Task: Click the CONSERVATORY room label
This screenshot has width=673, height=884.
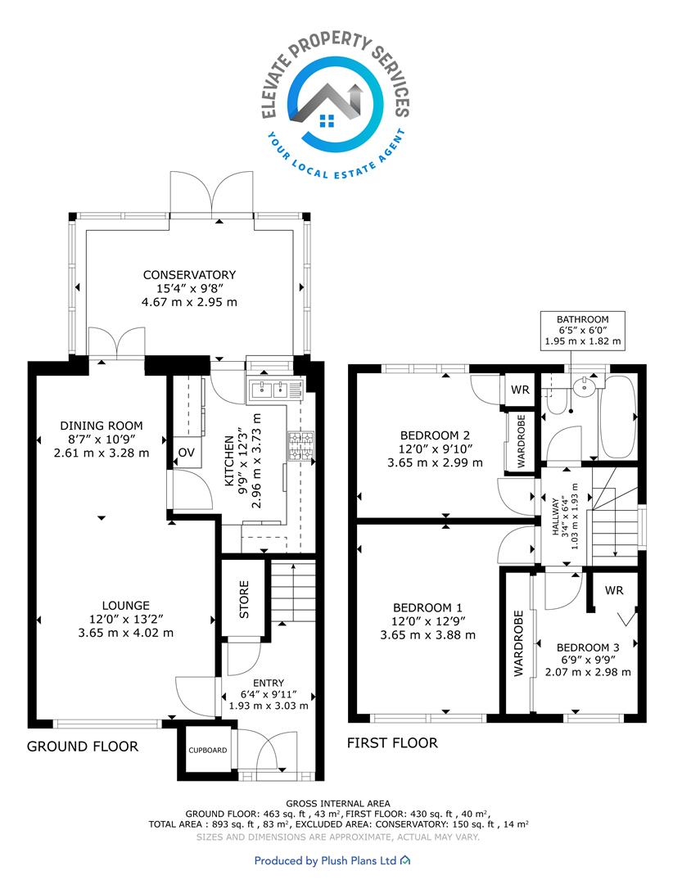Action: (189, 275)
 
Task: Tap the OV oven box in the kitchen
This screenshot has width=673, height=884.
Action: (186, 452)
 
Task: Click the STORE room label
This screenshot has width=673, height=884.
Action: (244, 599)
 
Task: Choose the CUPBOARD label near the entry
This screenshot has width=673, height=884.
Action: (208, 751)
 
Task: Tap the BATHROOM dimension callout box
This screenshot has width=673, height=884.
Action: (583, 331)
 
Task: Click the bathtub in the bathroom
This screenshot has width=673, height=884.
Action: (617, 417)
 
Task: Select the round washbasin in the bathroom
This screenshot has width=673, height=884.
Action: (583, 387)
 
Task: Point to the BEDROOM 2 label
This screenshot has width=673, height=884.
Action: (435, 435)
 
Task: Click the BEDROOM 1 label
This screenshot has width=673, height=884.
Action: (427, 607)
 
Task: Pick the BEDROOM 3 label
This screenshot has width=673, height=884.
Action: (588, 647)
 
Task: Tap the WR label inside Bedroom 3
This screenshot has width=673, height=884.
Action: (614, 590)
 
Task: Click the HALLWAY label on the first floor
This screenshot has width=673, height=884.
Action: (556, 516)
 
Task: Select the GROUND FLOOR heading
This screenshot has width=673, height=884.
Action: (83, 746)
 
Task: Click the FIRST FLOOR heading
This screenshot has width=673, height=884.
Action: (392, 743)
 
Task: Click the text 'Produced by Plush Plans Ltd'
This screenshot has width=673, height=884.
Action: (326, 860)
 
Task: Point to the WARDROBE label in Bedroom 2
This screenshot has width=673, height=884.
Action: (521, 441)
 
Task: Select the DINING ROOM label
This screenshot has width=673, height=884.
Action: (102, 426)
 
